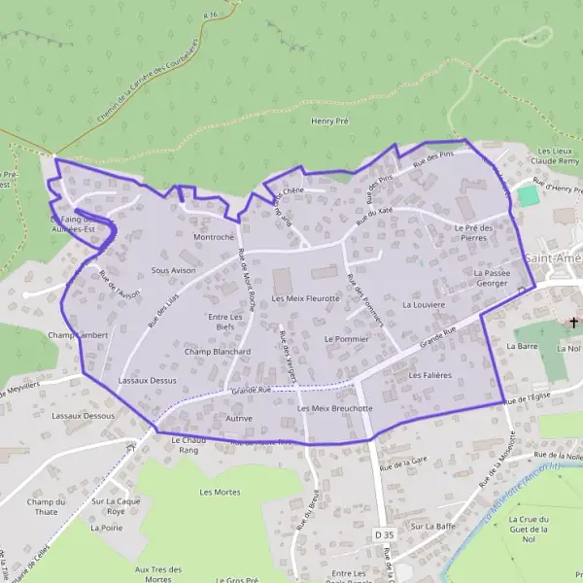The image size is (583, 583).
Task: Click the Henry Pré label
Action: (329, 121)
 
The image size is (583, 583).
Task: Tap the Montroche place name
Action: (214, 237)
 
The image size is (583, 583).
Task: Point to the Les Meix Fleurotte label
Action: (306, 298)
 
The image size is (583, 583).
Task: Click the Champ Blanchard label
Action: (218, 352)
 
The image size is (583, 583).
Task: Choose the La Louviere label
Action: (423, 304)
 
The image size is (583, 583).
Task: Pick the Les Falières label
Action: (430, 374)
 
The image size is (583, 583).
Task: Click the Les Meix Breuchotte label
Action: (335, 409)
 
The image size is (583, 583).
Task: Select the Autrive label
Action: (238, 418)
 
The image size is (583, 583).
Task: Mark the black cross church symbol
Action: (574, 324)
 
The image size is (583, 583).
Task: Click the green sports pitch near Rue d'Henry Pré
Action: (528, 195)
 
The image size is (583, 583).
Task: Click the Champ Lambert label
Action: (77, 334)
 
